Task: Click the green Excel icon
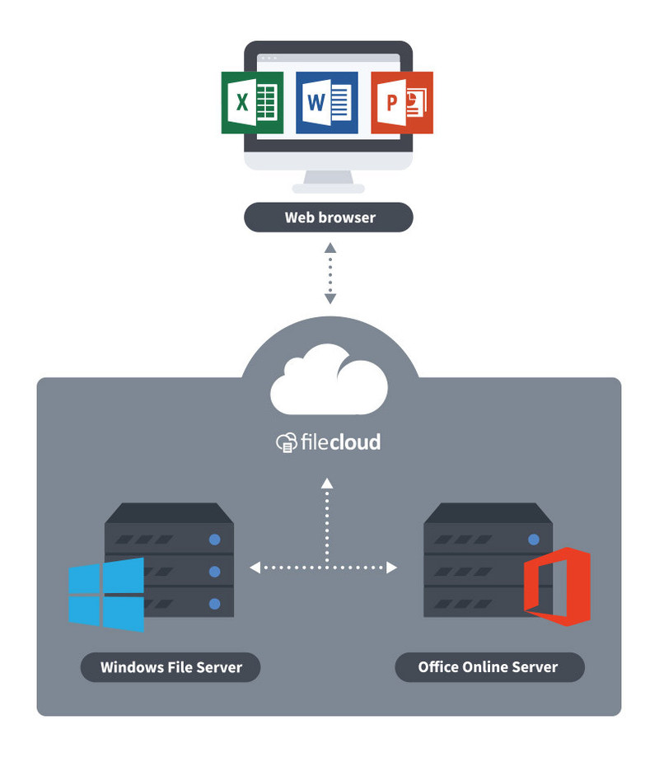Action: (252, 102)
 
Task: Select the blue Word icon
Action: (327, 102)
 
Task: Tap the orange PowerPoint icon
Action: (401, 102)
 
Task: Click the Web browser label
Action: (329, 217)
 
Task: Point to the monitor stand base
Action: (329, 185)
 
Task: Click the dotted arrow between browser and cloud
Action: (329, 273)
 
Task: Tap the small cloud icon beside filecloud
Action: (285, 442)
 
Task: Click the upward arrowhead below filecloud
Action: (327, 483)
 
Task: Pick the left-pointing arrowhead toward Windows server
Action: (255, 567)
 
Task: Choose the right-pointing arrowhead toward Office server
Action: (392, 567)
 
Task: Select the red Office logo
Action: (558, 586)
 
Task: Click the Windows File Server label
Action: (171, 666)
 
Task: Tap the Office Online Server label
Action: (488, 666)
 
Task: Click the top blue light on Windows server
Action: (215, 540)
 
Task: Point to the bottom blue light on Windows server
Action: (215, 604)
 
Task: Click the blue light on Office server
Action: (534, 540)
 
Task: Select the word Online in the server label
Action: (488, 666)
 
